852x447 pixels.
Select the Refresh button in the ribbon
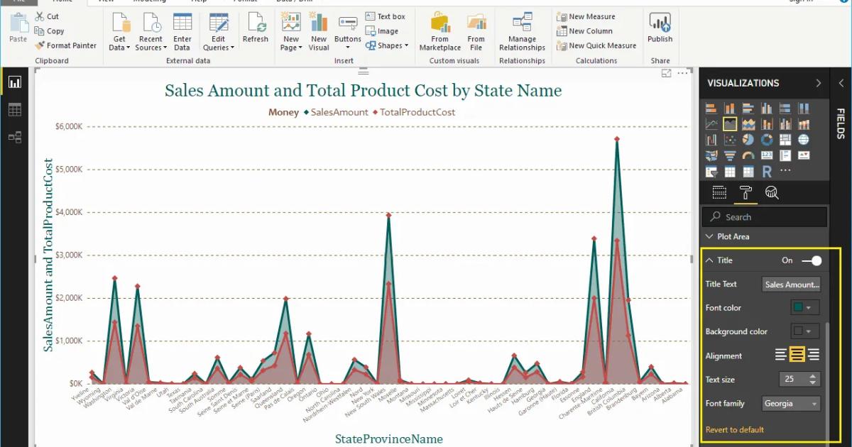tap(255, 31)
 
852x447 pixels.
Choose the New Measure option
tap(586, 16)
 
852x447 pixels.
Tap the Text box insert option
tap(386, 16)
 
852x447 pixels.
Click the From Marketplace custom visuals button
tap(439, 33)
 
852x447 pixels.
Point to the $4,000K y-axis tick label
tap(69, 212)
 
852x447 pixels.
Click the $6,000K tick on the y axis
tap(69, 126)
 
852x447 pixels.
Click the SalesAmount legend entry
tap(336, 112)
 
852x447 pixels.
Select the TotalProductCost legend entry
tap(414, 112)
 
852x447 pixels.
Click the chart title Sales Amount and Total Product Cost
tap(363, 90)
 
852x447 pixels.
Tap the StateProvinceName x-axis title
tap(388, 438)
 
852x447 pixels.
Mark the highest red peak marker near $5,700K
tap(617, 139)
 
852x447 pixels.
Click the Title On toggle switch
tap(812, 260)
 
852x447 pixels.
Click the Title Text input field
tap(791, 285)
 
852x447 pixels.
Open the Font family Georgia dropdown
tap(791, 404)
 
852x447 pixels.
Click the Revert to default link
tap(734, 429)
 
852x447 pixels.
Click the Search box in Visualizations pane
tap(764, 217)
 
